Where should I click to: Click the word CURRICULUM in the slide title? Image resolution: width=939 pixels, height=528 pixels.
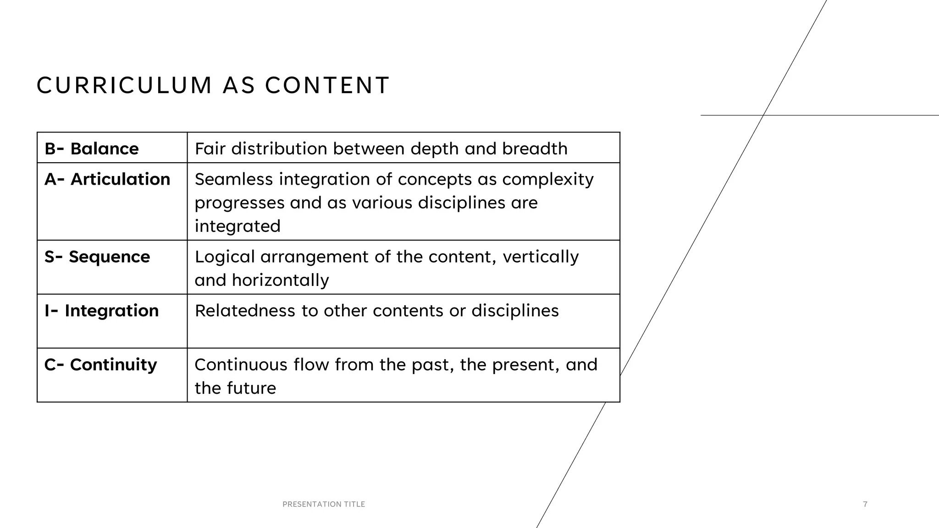(x=124, y=86)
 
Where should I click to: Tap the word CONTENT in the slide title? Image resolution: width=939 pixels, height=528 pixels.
(x=327, y=86)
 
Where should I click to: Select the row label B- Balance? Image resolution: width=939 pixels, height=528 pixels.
(x=92, y=148)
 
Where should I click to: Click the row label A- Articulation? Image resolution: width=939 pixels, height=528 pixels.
(x=107, y=179)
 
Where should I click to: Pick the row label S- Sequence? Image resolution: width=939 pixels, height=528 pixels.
(x=97, y=257)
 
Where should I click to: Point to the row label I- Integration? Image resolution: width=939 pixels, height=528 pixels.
(x=102, y=311)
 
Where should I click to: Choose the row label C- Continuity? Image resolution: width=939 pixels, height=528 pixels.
(x=101, y=365)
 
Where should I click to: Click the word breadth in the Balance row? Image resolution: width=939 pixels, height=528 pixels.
(x=535, y=148)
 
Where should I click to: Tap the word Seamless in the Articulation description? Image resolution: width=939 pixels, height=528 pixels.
(x=234, y=179)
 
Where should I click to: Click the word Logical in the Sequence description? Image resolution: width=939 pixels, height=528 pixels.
(x=225, y=257)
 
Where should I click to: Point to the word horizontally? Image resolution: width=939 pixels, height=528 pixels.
(x=281, y=280)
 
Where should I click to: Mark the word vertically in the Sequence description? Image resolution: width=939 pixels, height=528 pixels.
(x=541, y=257)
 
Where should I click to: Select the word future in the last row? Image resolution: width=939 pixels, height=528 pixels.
(x=254, y=388)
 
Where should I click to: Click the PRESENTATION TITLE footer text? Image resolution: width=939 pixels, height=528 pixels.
(x=324, y=504)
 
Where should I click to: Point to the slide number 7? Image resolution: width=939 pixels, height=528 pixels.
(x=865, y=504)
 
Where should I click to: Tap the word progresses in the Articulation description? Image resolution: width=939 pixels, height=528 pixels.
(x=239, y=203)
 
